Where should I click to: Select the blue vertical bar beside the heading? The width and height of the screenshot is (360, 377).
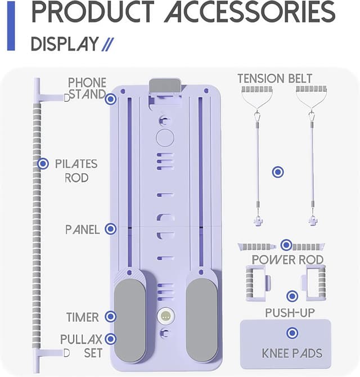click(11, 25)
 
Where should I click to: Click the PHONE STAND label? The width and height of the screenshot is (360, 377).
click(87, 88)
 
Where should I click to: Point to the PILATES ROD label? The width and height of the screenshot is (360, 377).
click(76, 170)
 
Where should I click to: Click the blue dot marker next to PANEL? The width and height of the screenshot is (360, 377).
click(111, 229)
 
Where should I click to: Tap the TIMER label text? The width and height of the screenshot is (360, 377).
click(82, 317)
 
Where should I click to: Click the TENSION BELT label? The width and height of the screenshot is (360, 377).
click(274, 78)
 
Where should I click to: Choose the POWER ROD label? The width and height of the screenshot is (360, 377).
click(287, 259)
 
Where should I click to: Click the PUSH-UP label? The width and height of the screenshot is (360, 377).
click(290, 313)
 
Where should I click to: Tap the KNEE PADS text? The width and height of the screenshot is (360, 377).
click(292, 354)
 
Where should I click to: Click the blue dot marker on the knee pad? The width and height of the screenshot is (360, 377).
click(292, 334)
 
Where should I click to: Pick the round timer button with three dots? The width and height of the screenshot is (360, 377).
click(165, 316)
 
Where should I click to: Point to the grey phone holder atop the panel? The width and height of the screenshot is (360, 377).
click(165, 86)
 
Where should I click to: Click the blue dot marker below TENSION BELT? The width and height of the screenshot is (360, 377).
click(277, 172)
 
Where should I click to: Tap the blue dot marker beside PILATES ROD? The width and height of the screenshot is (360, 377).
click(43, 164)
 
